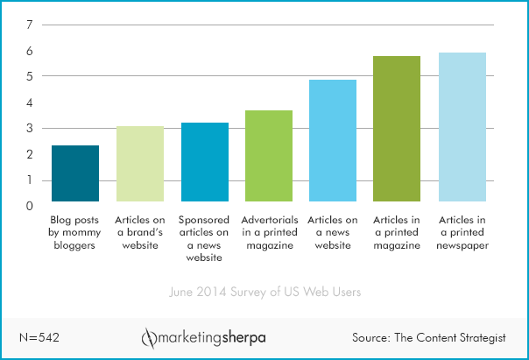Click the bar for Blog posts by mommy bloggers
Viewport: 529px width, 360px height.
[x=75, y=173]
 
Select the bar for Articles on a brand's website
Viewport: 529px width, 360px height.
[x=140, y=164]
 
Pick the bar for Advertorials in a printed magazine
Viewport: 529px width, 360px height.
[x=269, y=156]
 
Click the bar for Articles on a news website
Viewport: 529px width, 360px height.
[x=333, y=141]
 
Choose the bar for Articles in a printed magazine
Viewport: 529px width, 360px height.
[x=397, y=129]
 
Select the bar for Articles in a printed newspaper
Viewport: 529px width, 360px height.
[x=462, y=127]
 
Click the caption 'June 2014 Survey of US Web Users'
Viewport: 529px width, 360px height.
[x=264, y=291]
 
